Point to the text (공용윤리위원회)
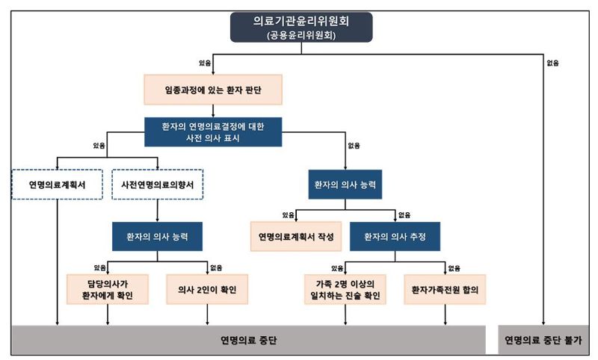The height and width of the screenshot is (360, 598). click(x=302, y=35)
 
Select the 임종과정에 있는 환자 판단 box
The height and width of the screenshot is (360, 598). click(x=213, y=89)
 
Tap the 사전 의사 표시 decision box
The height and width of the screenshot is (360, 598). click(x=213, y=131)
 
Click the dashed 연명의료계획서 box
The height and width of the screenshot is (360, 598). click(x=57, y=184)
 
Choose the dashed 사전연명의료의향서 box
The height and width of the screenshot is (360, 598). click(x=157, y=184)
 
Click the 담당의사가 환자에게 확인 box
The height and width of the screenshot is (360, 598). click(x=108, y=289)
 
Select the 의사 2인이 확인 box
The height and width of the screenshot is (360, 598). click(x=207, y=289)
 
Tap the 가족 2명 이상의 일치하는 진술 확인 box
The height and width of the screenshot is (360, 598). click(x=345, y=289)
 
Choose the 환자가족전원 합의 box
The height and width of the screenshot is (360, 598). click(x=445, y=289)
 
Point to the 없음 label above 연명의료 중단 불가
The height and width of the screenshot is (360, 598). click(x=552, y=63)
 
